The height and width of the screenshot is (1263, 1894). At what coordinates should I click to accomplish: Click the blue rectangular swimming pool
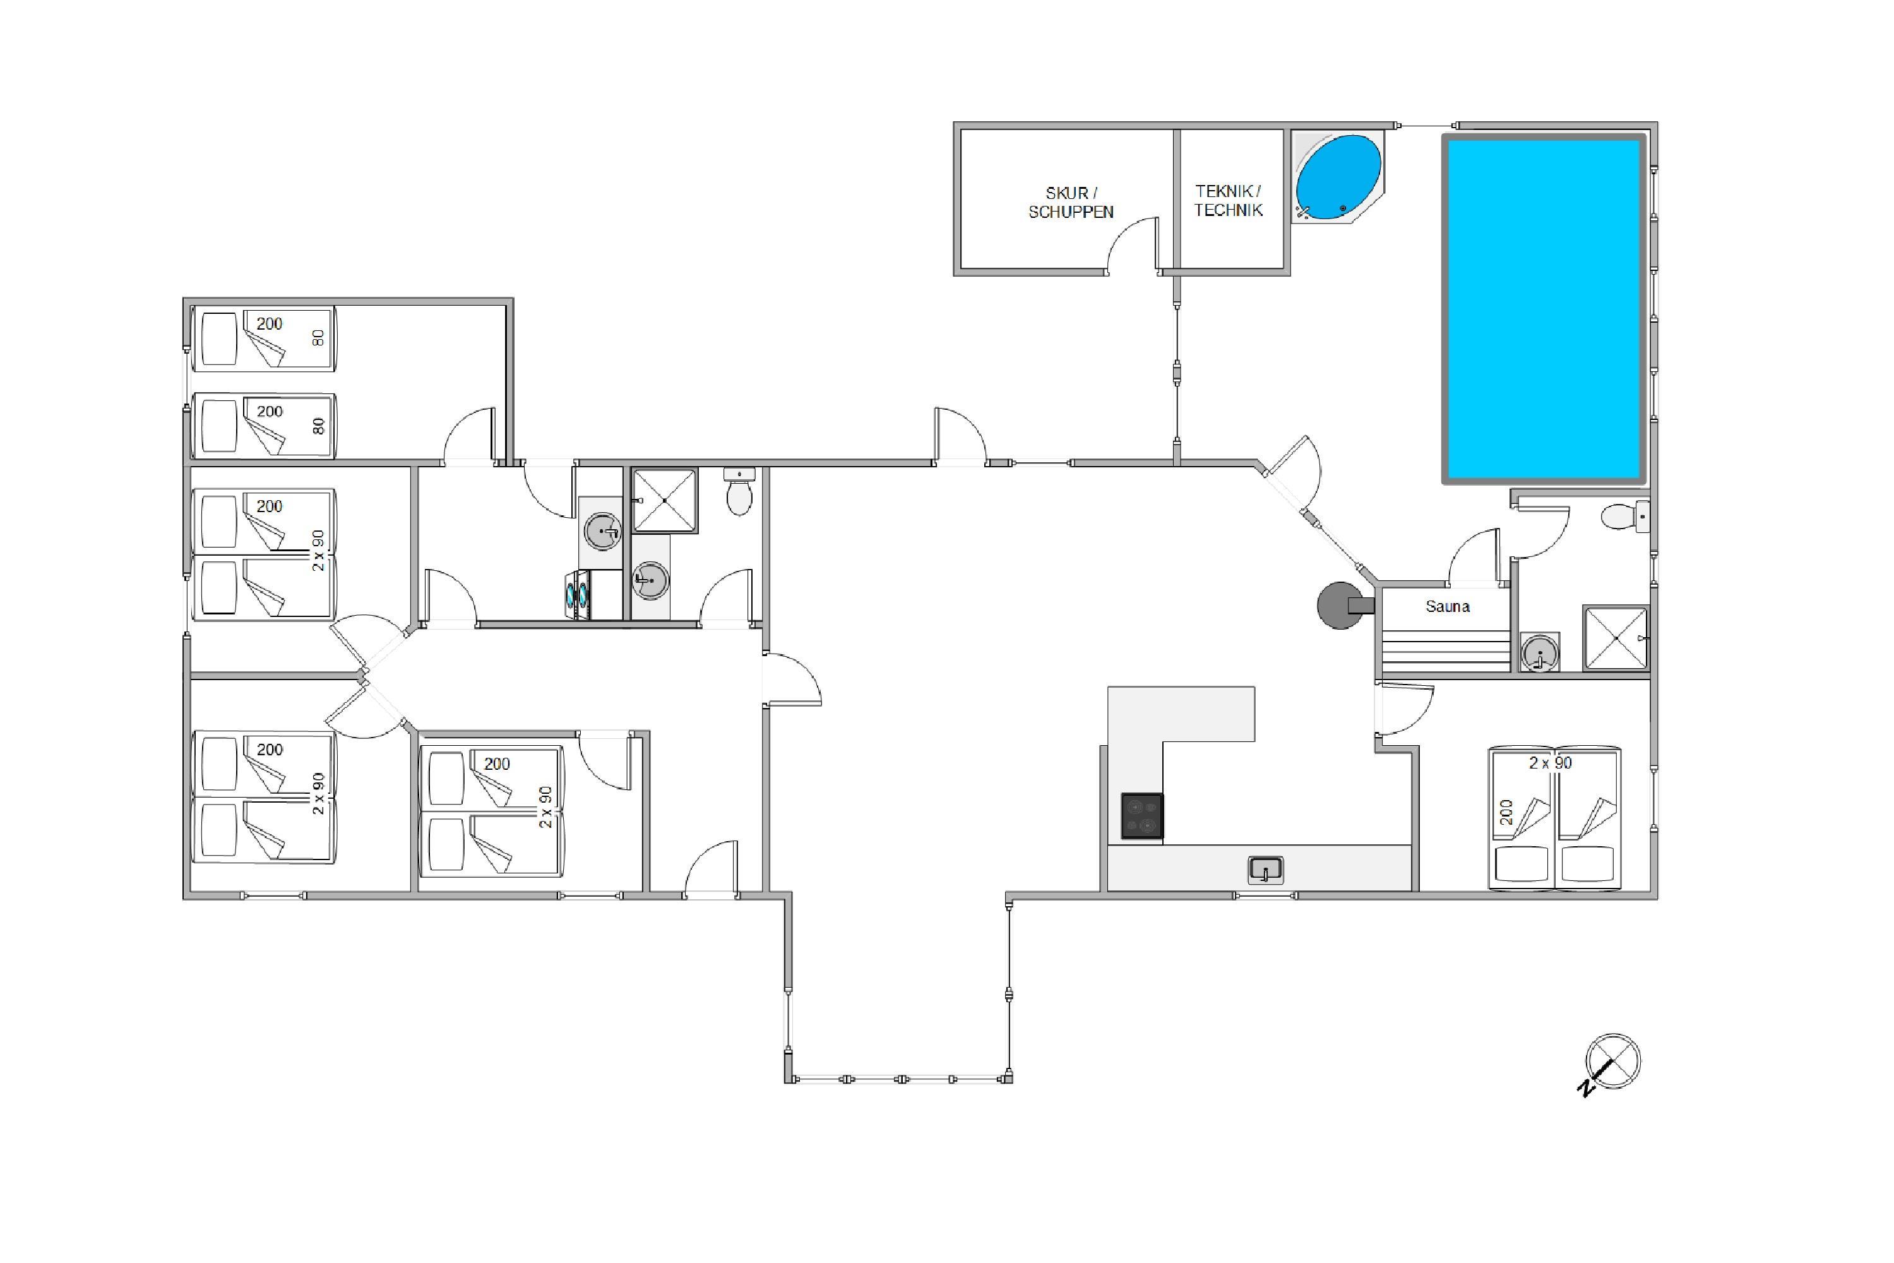point(1544,309)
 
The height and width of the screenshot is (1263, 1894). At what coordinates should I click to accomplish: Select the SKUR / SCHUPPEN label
point(1071,202)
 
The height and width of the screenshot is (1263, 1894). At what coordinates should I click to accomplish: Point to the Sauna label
point(1447,606)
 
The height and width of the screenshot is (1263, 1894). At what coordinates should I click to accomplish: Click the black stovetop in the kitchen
point(1142,816)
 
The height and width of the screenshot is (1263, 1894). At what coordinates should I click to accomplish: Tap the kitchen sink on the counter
point(1265,870)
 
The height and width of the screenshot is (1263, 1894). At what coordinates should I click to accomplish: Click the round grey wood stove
point(1340,605)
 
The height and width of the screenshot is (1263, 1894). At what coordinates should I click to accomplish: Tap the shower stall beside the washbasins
point(664,500)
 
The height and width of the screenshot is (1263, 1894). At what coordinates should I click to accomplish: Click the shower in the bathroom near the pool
point(1616,638)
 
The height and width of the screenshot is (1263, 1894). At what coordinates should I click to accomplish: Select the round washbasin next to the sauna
point(1540,652)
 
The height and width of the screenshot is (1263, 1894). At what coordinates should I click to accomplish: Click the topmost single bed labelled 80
point(263,339)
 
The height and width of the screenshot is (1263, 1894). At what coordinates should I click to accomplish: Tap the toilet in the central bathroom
point(739,491)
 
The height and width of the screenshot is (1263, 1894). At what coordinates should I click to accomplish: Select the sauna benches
point(1446,651)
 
